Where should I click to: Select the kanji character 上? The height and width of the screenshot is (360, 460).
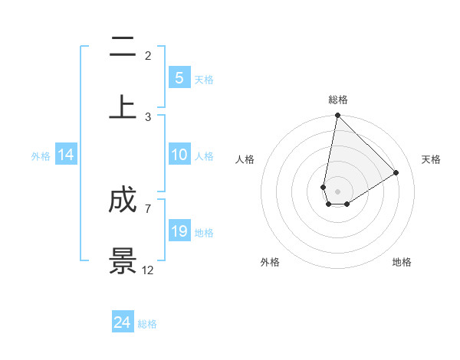(x=123, y=107)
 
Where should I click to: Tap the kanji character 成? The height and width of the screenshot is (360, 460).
(x=123, y=201)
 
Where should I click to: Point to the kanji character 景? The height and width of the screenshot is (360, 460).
(x=123, y=260)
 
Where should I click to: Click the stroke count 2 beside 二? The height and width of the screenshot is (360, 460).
(x=148, y=56)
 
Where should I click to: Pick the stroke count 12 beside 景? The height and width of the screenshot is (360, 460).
(x=148, y=270)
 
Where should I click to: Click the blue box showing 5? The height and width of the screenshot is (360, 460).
(x=179, y=77)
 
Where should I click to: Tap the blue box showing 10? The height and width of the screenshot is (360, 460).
(x=179, y=155)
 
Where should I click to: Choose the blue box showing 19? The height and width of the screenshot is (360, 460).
(x=179, y=231)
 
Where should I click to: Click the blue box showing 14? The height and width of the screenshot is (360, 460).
(x=66, y=155)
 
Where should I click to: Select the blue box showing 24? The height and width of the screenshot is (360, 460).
(x=123, y=322)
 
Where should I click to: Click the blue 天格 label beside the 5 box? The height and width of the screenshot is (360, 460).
(x=204, y=80)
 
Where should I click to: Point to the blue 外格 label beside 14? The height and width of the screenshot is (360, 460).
(x=41, y=156)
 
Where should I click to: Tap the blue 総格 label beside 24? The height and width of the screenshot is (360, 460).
(x=147, y=324)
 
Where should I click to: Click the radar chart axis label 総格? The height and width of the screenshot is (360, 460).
(x=338, y=100)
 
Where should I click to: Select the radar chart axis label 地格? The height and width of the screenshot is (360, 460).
(x=402, y=262)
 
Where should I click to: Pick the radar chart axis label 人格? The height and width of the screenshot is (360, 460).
(x=245, y=159)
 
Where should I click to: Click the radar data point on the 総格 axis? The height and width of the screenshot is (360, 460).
(x=337, y=116)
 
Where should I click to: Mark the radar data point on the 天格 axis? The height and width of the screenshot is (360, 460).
(x=396, y=172)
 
